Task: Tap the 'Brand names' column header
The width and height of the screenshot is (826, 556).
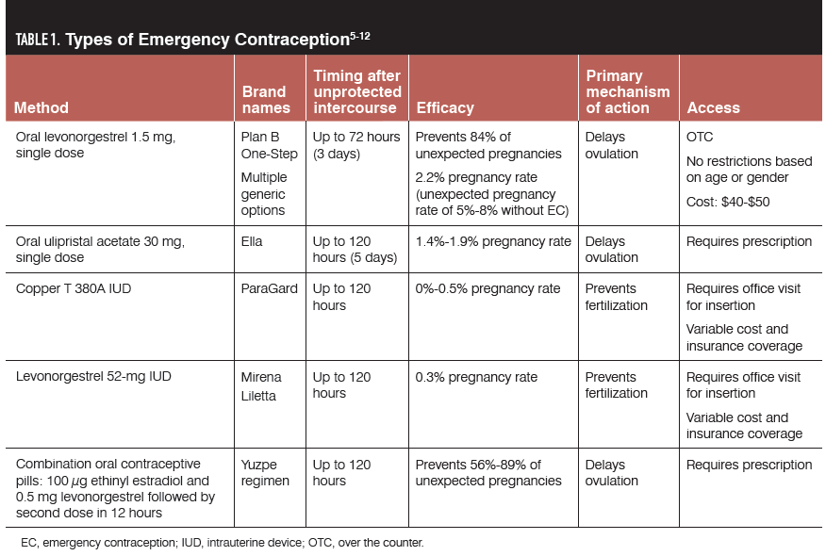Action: click(266, 99)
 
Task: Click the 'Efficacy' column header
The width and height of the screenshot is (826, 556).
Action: click(445, 107)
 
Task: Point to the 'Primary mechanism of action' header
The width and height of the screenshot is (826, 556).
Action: click(627, 91)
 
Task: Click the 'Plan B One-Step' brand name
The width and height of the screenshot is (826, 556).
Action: click(269, 145)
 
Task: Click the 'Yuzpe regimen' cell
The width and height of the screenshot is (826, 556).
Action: click(265, 472)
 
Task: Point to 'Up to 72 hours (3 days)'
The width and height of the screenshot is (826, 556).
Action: click(356, 145)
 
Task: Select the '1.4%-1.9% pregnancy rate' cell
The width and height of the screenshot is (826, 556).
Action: click(493, 241)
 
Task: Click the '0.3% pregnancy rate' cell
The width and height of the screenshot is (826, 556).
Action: click(476, 377)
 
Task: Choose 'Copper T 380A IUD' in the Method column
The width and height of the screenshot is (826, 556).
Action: click(74, 288)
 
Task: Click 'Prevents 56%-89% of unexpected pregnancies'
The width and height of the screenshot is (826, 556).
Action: click(488, 472)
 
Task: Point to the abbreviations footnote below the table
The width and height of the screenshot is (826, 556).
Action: click(222, 543)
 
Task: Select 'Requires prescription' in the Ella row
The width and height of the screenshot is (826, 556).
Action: click(749, 241)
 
